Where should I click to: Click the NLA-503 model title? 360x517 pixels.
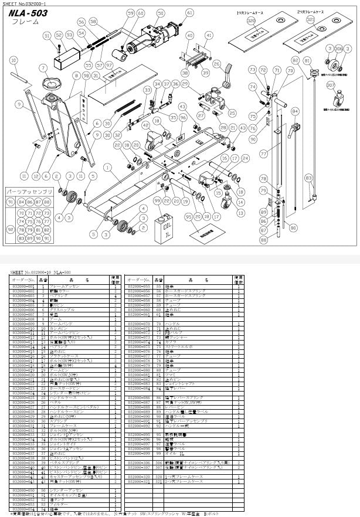(29, 13)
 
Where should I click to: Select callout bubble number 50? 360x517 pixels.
(160, 13)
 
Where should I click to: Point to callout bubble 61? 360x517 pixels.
(189, 12)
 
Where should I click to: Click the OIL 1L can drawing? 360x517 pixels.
(165, 226)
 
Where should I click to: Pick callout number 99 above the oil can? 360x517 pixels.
(157, 201)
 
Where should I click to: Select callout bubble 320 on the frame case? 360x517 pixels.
(251, 21)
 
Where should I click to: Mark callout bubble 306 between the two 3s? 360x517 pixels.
(339, 48)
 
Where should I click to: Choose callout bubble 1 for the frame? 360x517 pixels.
(107, 167)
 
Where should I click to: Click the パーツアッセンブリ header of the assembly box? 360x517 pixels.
(29, 191)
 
